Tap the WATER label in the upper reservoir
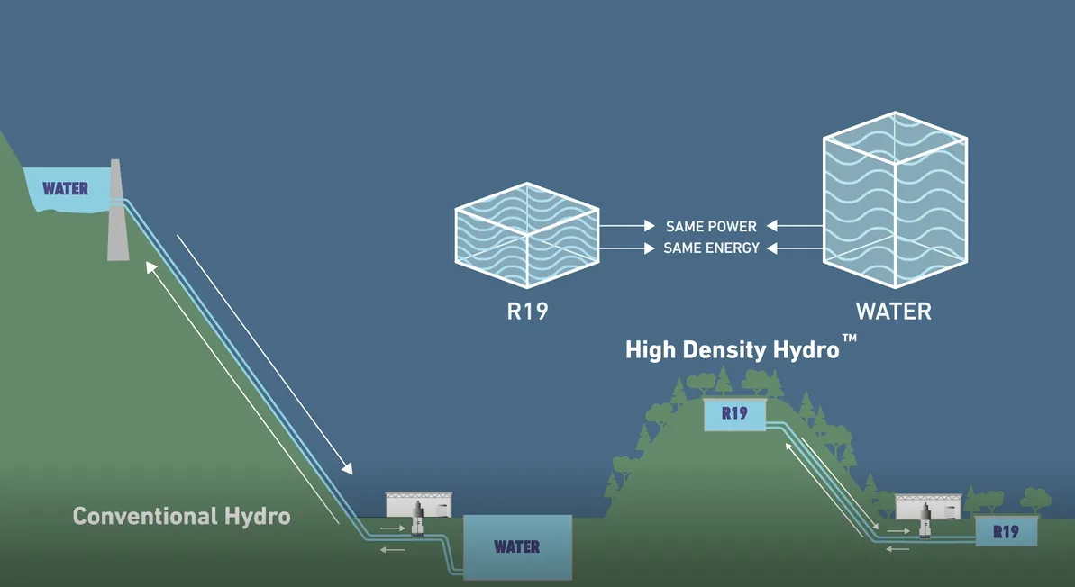click(x=65, y=188)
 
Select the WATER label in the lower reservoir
click(x=517, y=546)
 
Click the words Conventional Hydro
click(x=182, y=516)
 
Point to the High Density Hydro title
click(x=733, y=350)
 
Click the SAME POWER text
click(x=711, y=226)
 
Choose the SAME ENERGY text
click(x=711, y=248)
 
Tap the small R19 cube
click(x=527, y=235)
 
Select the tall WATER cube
click(x=895, y=199)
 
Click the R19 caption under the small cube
click(x=527, y=312)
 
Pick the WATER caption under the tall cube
click(x=894, y=312)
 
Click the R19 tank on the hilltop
click(x=734, y=414)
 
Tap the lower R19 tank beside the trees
click(x=1007, y=531)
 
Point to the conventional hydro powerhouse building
click(x=419, y=505)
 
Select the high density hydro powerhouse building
click(x=928, y=506)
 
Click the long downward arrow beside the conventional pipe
click(x=265, y=355)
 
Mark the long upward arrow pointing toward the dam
click(x=242, y=393)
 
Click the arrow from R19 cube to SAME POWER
click(x=627, y=226)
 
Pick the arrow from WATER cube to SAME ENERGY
click(x=794, y=248)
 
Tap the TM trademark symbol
click(x=850, y=339)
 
